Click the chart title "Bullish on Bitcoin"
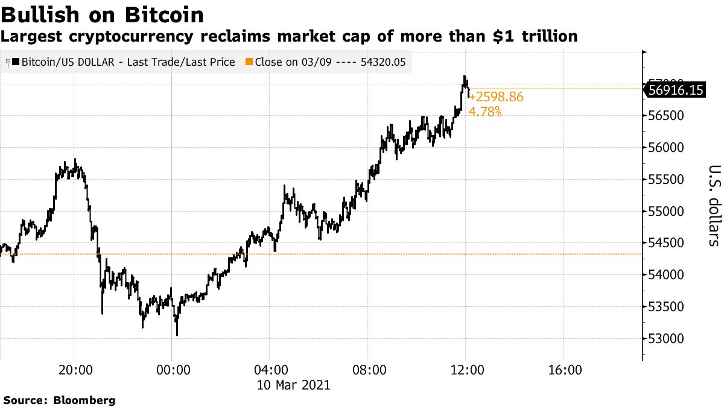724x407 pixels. pyautogui.click(x=102, y=14)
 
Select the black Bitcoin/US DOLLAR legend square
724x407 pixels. pyautogui.click(x=15, y=62)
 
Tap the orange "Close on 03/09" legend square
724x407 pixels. pyautogui.click(x=249, y=62)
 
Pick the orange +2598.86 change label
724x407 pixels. pyautogui.click(x=496, y=97)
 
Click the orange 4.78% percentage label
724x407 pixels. pyautogui.click(x=485, y=112)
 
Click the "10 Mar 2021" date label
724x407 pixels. pyautogui.click(x=294, y=384)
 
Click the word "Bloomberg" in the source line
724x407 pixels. pyautogui.click(x=84, y=400)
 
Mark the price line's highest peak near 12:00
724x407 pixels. pyautogui.click(x=464, y=76)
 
